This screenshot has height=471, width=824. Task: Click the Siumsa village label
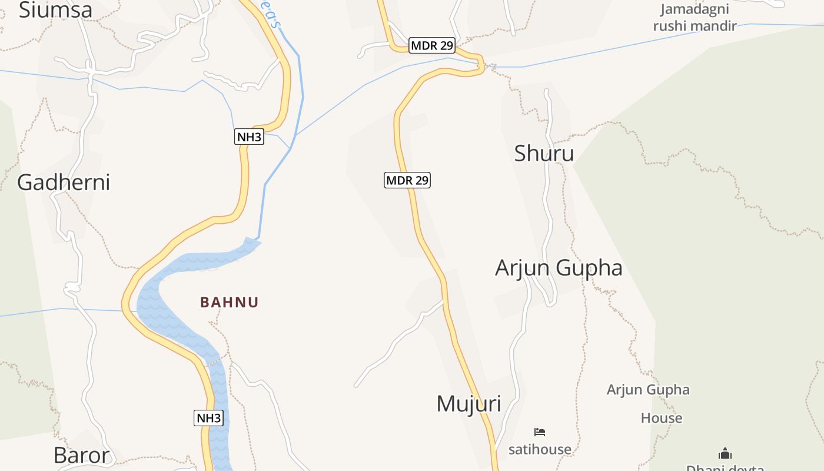point(55,10)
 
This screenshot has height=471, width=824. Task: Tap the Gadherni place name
point(64,183)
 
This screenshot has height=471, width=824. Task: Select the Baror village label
point(81,455)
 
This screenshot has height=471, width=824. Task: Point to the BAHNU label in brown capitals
point(230,303)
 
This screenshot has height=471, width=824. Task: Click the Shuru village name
point(544,153)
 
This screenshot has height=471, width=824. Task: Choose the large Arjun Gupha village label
point(559,268)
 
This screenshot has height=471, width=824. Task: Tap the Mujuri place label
point(469,404)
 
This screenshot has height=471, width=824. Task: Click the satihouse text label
point(540,450)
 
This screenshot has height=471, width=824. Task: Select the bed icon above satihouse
point(540,432)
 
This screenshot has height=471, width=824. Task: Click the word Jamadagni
point(695,9)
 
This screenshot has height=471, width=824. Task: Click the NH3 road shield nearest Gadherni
point(249,137)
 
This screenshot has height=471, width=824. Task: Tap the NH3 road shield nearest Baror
point(208,418)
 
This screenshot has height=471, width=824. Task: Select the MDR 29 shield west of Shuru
point(407,180)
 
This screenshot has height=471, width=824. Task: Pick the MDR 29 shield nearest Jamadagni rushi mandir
point(432,45)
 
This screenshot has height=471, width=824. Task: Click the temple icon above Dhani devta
point(725,453)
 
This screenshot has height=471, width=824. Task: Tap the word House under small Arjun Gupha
point(662,419)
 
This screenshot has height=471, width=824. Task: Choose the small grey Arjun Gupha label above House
point(648,390)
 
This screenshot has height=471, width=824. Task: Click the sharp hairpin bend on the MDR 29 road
point(481,65)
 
